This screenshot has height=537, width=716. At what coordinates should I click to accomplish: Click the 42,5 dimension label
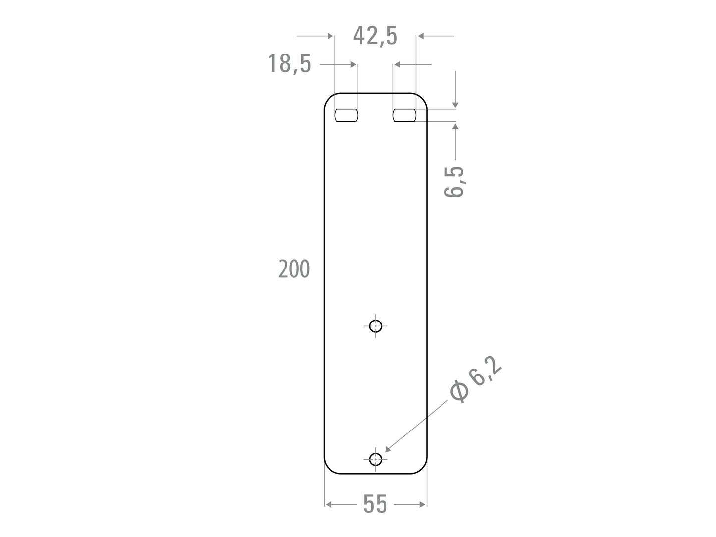[x=375, y=36]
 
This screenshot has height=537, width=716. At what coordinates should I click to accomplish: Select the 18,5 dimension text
[x=289, y=64]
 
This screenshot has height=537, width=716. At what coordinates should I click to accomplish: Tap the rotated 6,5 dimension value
[x=454, y=182]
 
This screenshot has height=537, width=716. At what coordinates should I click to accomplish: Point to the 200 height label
[x=294, y=269]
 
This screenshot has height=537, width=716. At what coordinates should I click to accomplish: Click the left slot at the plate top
[x=346, y=115]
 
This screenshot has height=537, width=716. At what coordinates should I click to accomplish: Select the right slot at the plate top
[x=404, y=115]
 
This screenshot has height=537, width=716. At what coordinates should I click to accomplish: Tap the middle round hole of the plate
[x=376, y=326]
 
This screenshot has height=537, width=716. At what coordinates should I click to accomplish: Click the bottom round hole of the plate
[x=376, y=459]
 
